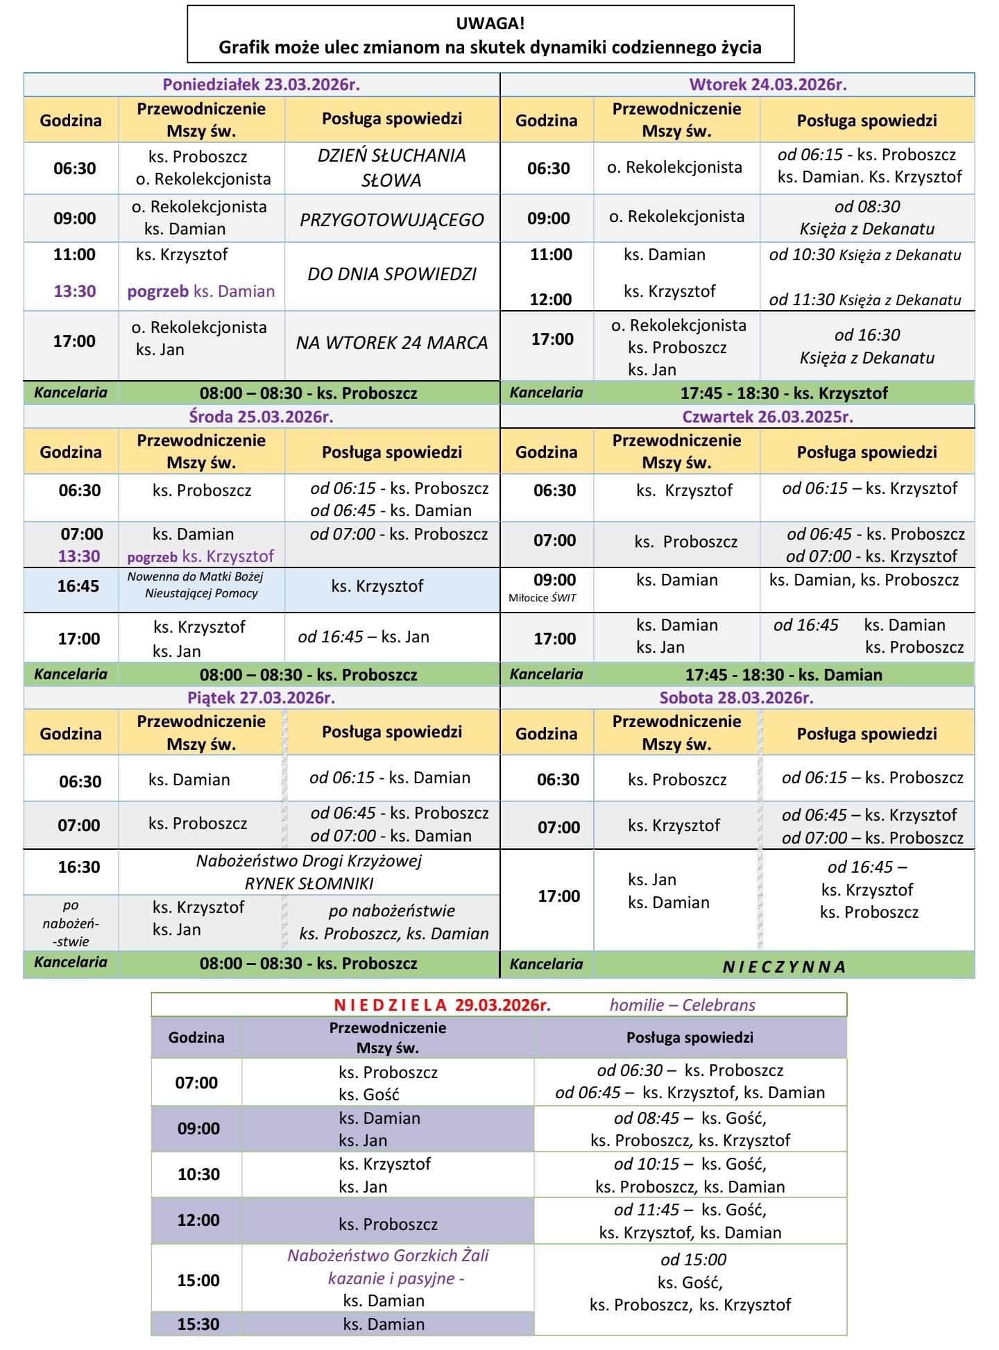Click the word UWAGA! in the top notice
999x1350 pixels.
pyautogui.click(x=490, y=24)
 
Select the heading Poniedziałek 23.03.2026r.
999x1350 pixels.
pyautogui.click(x=261, y=85)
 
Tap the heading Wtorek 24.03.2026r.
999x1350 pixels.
pyautogui.click(x=767, y=85)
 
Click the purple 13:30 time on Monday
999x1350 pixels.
pyautogui.click(x=75, y=291)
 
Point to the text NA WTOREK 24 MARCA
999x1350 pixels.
pyautogui.click(x=392, y=343)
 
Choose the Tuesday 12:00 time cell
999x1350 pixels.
pyautogui.click(x=550, y=300)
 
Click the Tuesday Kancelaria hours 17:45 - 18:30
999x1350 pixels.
pyautogui.click(x=784, y=393)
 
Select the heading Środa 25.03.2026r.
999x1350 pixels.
pyautogui.click(x=261, y=417)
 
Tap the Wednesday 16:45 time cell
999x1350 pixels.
pyautogui.click(x=78, y=586)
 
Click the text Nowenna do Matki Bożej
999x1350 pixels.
pyautogui.click(x=195, y=576)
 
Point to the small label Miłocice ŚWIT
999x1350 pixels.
pyautogui.click(x=543, y=598)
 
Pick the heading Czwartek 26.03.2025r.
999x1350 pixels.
pyautogui.click(x=767, y=417)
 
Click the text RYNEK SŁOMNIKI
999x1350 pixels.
pyautogui.click(x=309, y=884)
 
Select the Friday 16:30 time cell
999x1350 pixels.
pyautogui.click(x=79, y=867)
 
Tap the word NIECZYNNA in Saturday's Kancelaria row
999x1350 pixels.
pyautogui.click(x=784, y=967)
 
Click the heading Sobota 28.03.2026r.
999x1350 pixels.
pyautogui.click(x=736, y=698)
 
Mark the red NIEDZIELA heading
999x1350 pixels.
pyautogui.click(x=391, y=1005)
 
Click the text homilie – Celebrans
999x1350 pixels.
pyautogui.click(x=682, y=1005)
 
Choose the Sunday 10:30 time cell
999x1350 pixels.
pyautogui.click(x=198, y=1174)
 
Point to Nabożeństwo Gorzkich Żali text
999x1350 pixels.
pyautogui.click(x=388, y=1256)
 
